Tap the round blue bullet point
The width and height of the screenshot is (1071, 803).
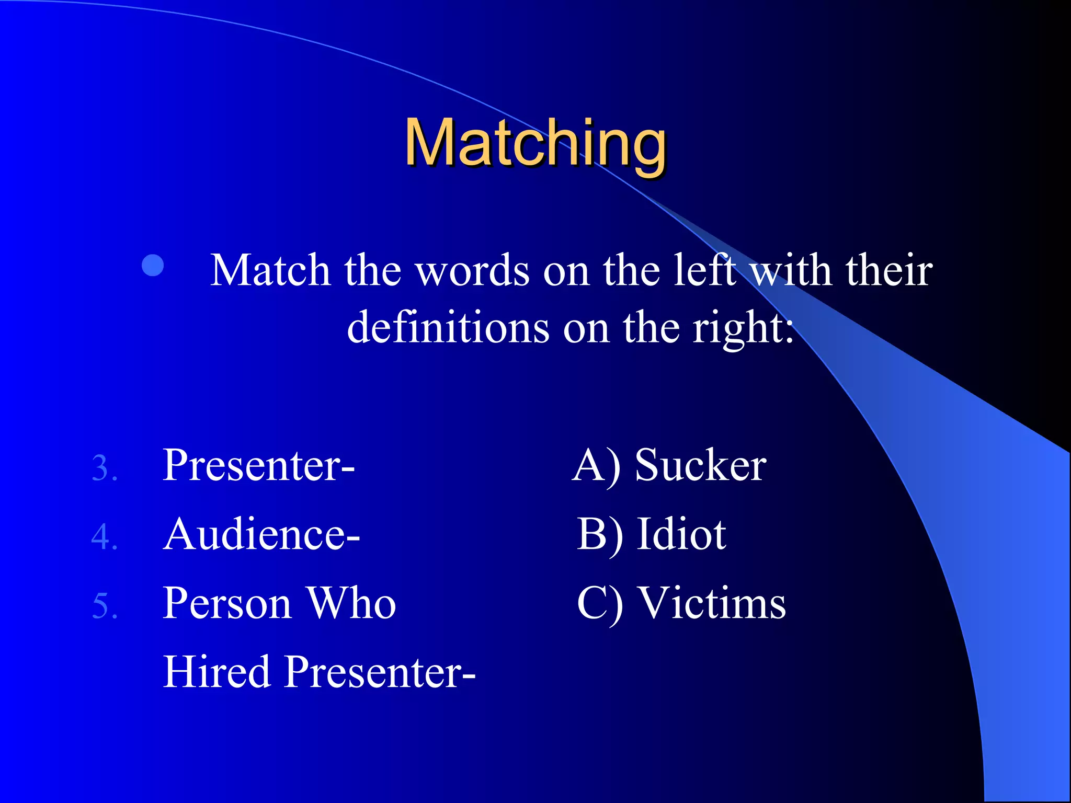153,266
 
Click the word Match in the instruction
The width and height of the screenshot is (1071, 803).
270,271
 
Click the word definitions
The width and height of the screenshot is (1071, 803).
448,328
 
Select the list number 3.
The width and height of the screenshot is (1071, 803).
104,468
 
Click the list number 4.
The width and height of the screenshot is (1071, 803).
104,537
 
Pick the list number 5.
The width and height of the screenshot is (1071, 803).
104,606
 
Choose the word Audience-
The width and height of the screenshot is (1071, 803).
261,534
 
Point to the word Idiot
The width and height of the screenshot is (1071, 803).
681,534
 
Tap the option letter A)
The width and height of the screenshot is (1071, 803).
597,466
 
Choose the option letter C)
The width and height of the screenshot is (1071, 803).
600,604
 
